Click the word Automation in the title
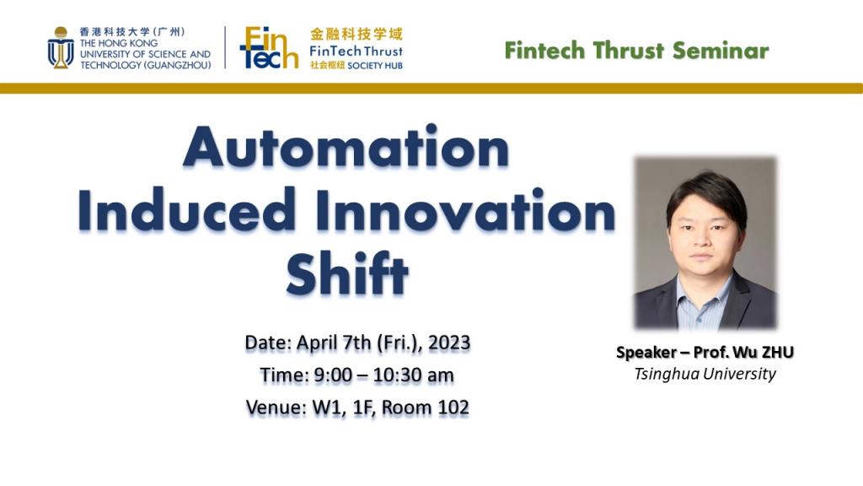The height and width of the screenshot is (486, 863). pos(346,147)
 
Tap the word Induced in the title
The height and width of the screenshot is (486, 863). pos(187,210)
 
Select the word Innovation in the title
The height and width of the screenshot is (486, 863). pos(465,210)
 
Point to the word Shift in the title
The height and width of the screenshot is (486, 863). pos(346,273)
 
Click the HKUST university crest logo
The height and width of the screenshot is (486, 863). pos(61,47)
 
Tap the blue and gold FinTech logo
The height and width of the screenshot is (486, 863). pos(269,48)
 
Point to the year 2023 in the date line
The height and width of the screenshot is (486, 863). pos(449,343)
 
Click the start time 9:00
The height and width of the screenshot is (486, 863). pos(333,375)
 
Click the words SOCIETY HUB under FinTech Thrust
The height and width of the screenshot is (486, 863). pos(375,65)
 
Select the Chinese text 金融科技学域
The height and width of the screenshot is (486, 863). pos(356,34)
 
